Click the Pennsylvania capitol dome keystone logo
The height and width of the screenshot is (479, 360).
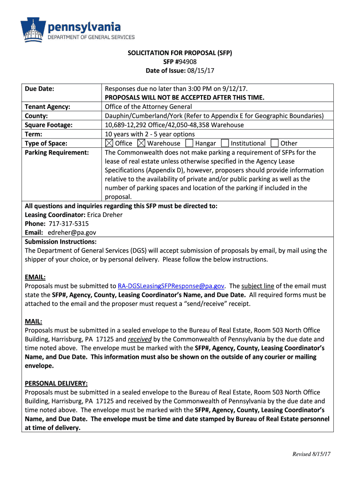[x=33, y=29]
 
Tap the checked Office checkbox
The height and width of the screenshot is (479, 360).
[x=109, y=143]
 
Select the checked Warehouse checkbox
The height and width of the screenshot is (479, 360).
[x=141, y=143]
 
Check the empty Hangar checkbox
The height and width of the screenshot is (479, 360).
[x=189, y=143]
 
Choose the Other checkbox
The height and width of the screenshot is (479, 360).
[x=274, y=143]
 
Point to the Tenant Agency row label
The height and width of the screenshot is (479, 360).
[x=47, y=107]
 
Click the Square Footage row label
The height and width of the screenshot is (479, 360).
[x=49, y=125]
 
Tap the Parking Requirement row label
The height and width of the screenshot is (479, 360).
[x=57, y=152]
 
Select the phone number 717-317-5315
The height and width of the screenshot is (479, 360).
[x=69, y=224]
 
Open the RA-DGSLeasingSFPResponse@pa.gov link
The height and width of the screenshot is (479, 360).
[x=171, y=286]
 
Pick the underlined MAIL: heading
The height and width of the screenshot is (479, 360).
[x=34, y=321]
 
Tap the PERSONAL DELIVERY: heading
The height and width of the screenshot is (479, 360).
[x=56, y=384]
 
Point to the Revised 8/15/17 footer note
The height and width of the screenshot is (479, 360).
[x=312, y=454]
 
